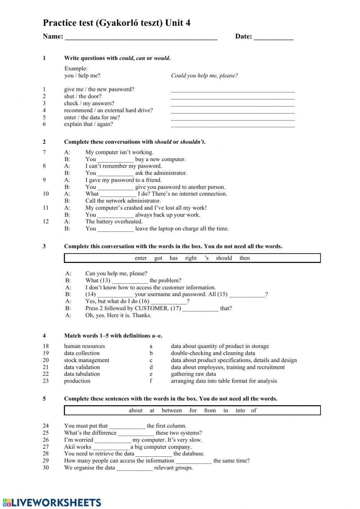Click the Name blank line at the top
tap(141, 37)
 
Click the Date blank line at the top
tap(274, 37)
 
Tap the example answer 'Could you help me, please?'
tap(204, 76)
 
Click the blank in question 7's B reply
tap(116, 160)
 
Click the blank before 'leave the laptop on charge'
tap(116, 229)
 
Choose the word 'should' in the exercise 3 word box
tap(224, 258)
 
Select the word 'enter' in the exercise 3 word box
tap(140, 258)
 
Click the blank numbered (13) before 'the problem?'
tap(130, 281)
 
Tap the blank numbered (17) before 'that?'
tap(200, 309)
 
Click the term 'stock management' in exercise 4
tap(86, 360)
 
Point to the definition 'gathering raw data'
tap(193, 374)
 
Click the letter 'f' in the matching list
tap(151, 381)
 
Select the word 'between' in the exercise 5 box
tap(172, 410)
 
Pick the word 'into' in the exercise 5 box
tap(240, 410)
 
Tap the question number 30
tap(46, 468)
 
